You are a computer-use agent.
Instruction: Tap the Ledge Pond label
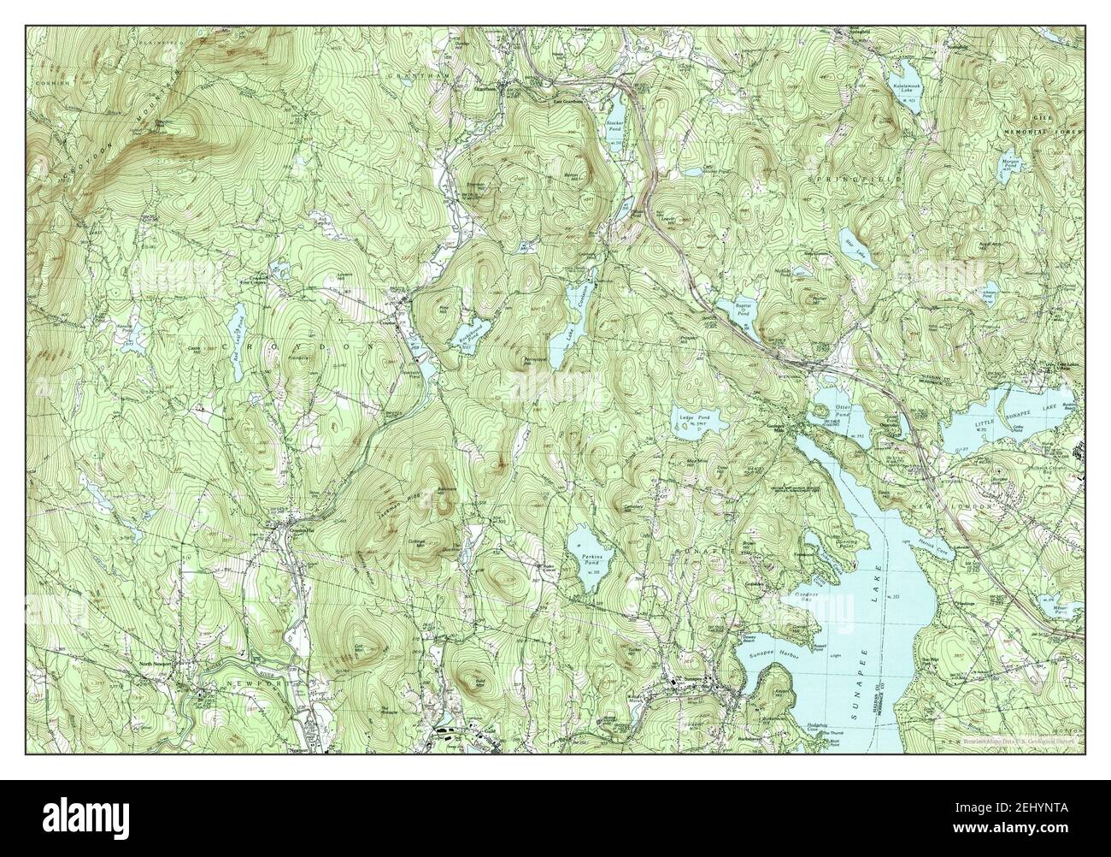coord(691,418)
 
